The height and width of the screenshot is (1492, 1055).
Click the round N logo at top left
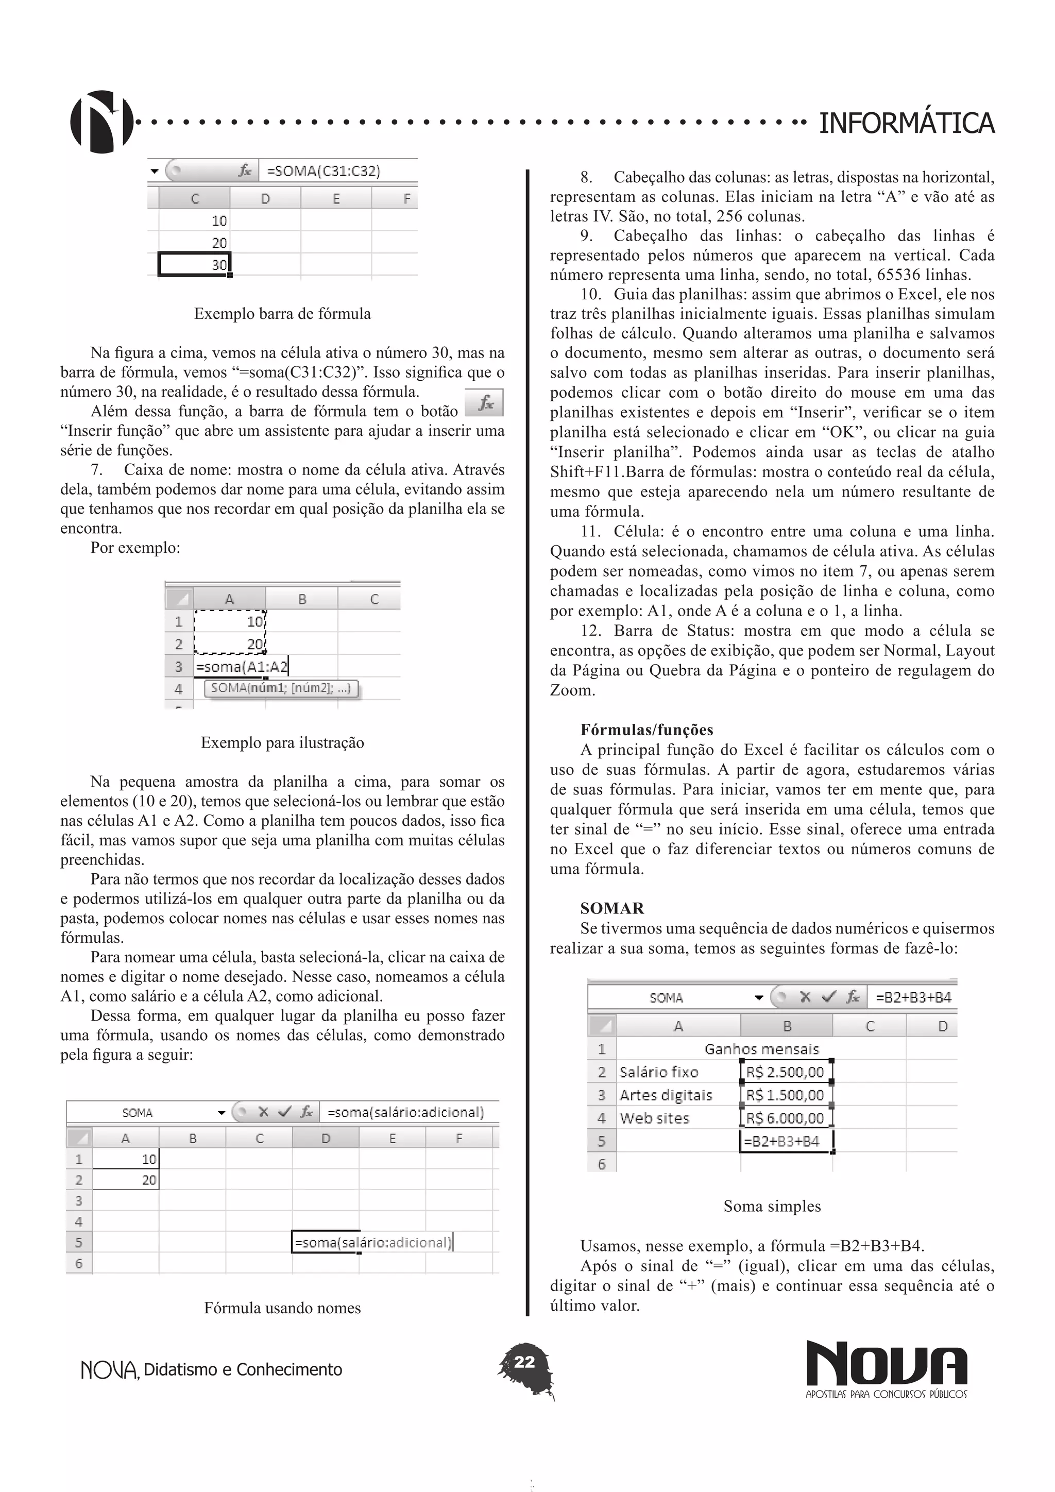[101, 122]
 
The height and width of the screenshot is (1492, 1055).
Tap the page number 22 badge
[524, 1362]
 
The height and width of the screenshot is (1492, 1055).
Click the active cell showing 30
[194, 264]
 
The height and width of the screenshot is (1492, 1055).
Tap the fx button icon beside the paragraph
[484, 403]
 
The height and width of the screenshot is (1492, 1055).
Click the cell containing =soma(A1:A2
[242, 667]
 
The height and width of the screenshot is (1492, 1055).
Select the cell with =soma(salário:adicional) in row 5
[372, 1243]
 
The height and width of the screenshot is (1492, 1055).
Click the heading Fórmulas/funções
[646, 730]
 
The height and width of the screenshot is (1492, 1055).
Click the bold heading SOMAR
[612, 908]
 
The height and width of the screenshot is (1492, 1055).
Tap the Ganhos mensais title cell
[761, 1049]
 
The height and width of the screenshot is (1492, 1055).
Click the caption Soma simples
[772, 1206]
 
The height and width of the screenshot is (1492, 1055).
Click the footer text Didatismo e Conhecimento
[242, 1370]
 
